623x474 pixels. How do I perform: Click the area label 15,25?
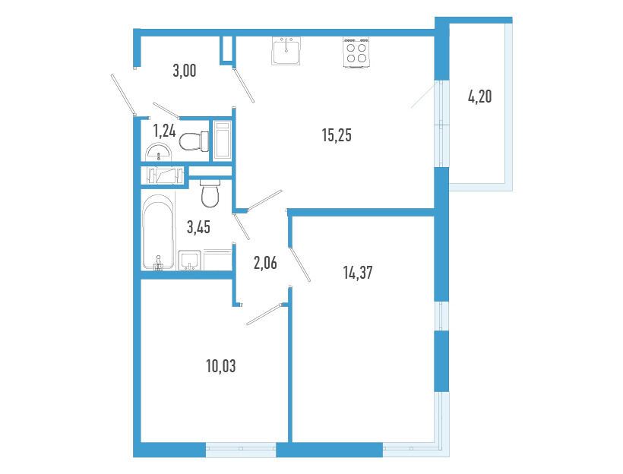tap(337, 135)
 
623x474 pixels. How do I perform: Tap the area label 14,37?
tap(358, 273)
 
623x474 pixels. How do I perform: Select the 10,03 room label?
tap(221, 366)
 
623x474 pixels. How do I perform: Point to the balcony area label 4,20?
tap(480, 96)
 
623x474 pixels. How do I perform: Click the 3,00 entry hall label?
tap(185, 71)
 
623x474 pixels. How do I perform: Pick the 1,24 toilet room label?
tap(165, 131)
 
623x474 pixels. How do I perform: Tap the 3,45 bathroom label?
tap(198, 227)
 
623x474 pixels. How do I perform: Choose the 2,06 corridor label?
tap(265, 263)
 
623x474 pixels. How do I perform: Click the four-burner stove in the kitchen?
tap(356, 52)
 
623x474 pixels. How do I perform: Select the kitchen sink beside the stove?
tap(286, 51)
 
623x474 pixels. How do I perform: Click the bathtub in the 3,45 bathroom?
tap(159, 232)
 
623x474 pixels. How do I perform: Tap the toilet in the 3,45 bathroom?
tap(210, 193)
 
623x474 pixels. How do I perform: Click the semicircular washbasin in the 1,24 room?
tap(159, 151)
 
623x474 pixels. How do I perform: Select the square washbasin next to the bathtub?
tap(189, 261)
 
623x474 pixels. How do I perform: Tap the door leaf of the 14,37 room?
tap(300, 264)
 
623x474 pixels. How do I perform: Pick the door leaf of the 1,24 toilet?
tap(166, 110)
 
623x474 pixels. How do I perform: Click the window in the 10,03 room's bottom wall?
tap(241, 449)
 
